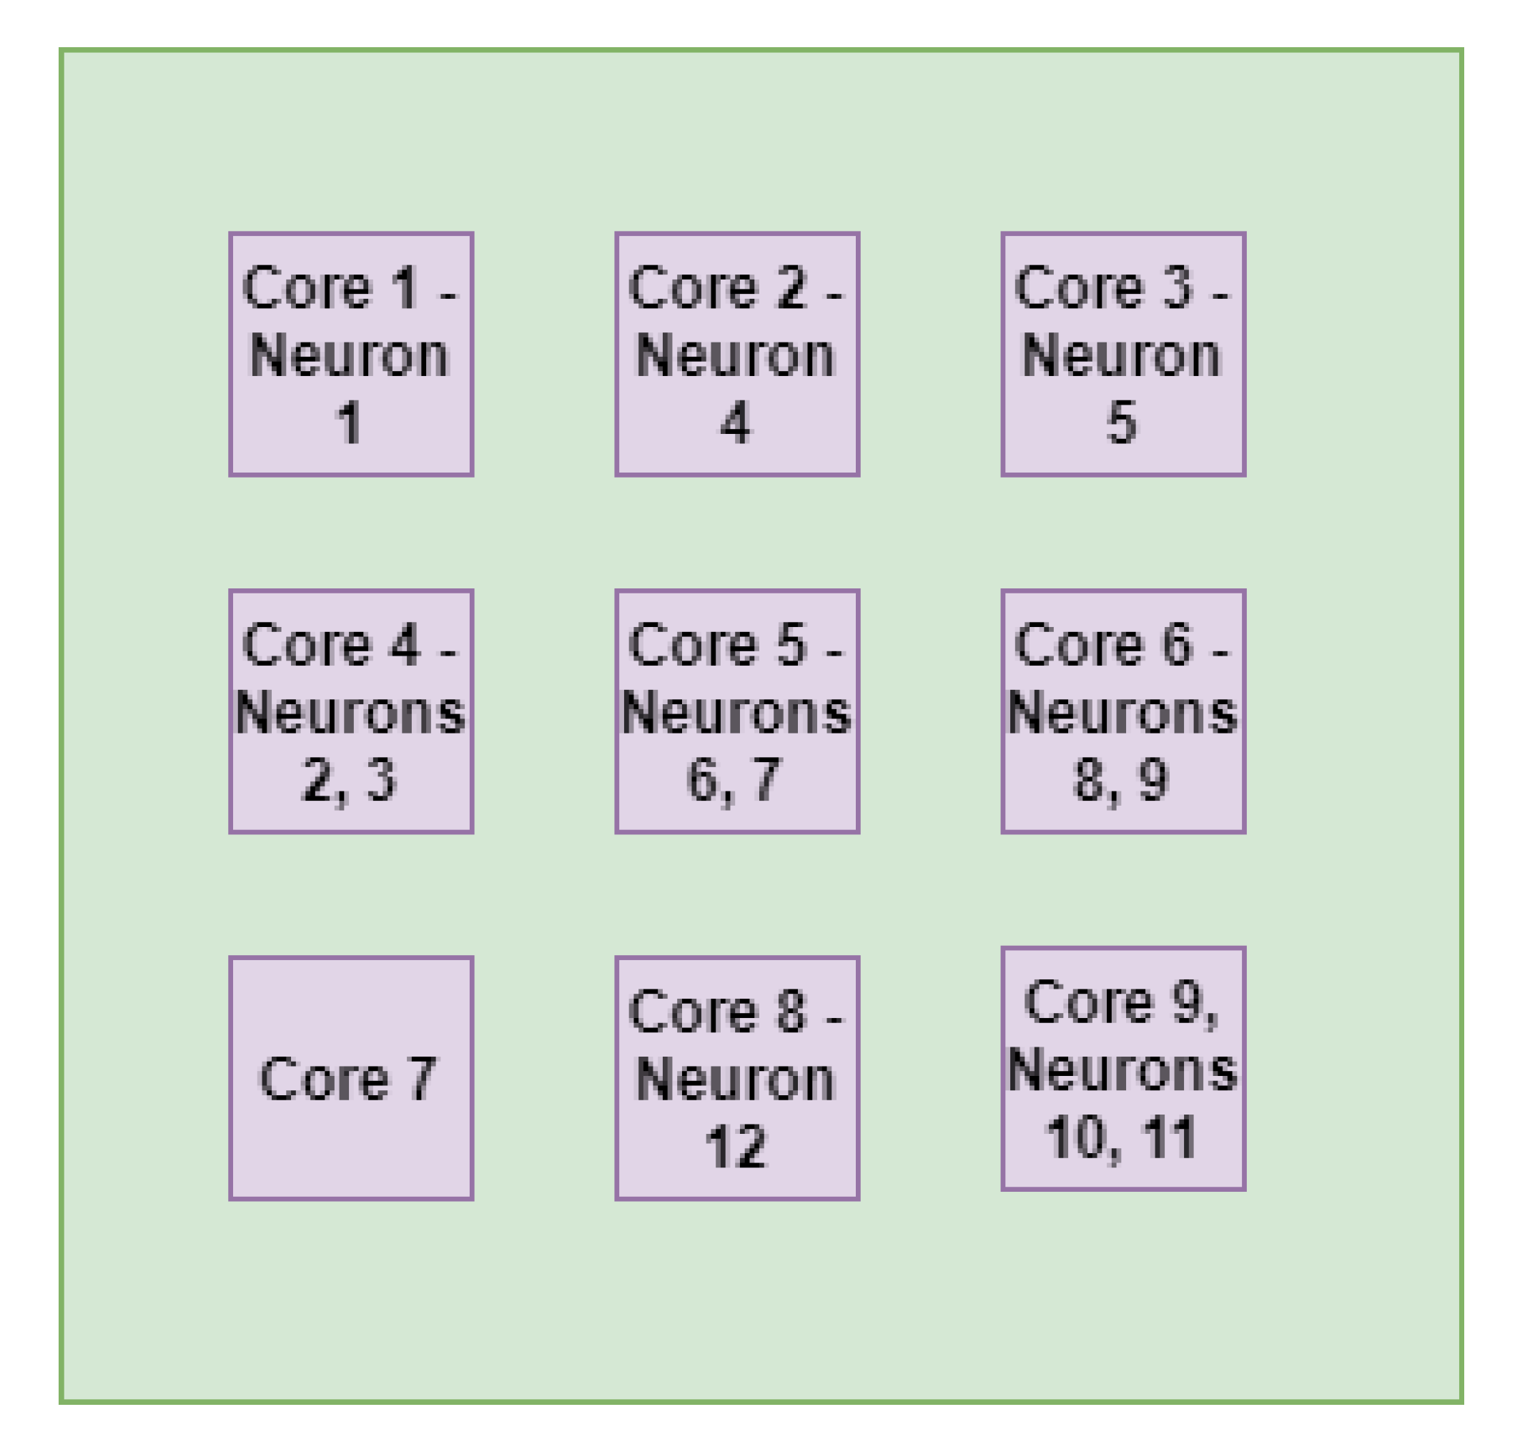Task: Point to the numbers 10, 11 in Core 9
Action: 1120,1137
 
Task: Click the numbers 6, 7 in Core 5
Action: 734,780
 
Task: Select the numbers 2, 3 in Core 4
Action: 349,780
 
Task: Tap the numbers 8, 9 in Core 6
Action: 1120,780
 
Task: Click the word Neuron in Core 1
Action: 350,355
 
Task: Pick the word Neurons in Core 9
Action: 1122,1070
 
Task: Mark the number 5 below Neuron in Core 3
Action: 1121,423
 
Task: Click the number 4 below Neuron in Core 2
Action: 735,423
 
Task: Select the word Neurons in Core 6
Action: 1122,712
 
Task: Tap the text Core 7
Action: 349,1079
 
